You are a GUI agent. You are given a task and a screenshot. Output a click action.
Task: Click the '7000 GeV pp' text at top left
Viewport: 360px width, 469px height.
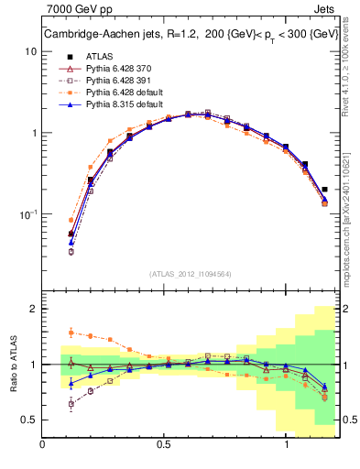coord(76,12)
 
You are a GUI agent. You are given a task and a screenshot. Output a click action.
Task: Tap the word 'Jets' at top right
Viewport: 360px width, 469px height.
coord(325,12)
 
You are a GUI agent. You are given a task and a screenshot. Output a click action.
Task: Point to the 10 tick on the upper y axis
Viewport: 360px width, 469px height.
coord(29,51)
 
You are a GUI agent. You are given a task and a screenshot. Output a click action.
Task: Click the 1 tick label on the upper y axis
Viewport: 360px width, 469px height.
coord(32,133)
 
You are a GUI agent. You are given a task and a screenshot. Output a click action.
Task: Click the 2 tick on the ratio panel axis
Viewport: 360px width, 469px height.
coord(32,310)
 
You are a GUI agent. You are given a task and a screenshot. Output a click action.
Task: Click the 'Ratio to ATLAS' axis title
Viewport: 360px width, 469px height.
coord(13,365)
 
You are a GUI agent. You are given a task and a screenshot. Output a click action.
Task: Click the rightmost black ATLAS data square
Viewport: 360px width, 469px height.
coord(325,190)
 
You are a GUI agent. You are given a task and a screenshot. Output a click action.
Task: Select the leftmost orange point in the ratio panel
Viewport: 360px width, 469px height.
coord(71,333)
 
